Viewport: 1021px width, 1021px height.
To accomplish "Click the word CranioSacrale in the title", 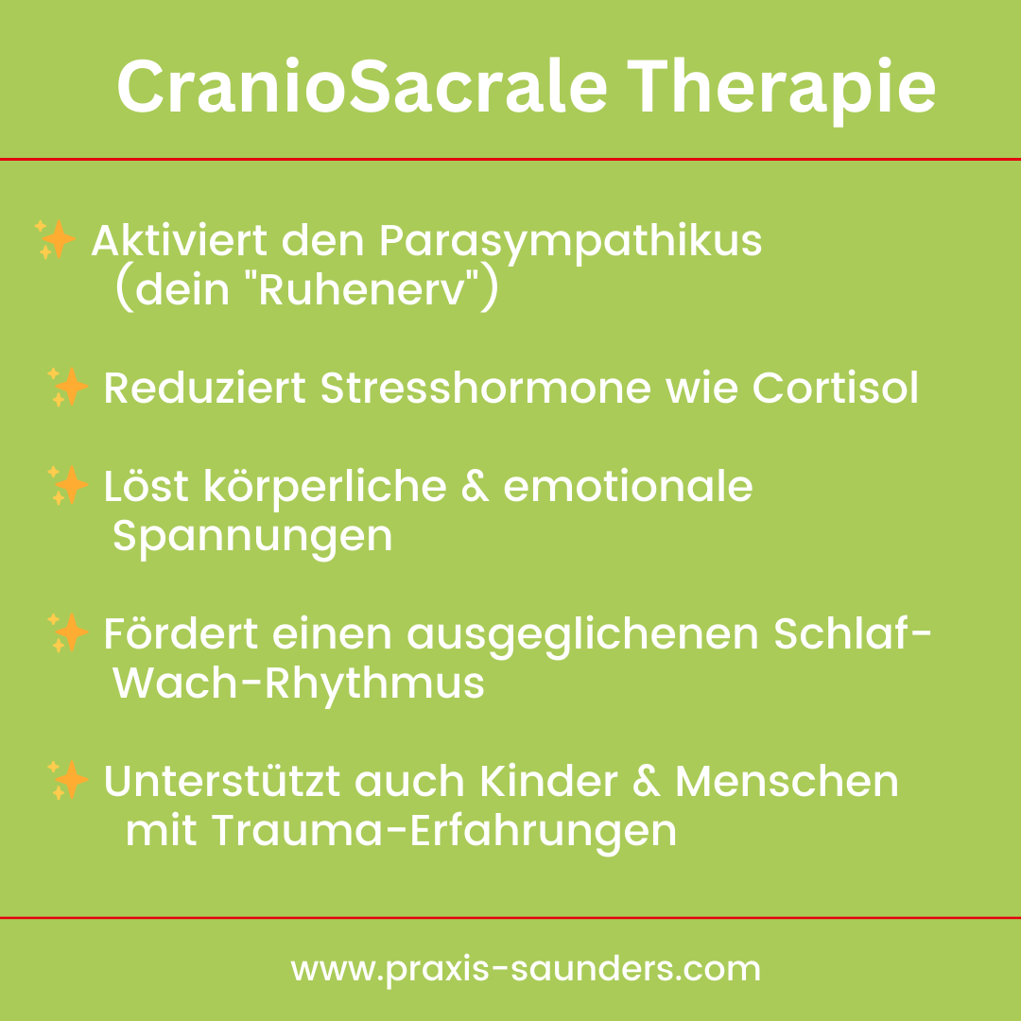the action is click(362, 87).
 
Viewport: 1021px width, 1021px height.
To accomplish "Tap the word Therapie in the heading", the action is click(782, 91).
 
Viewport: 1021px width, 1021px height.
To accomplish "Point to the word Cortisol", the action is click(836, 389).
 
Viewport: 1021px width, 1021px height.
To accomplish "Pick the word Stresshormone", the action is click(486, 389).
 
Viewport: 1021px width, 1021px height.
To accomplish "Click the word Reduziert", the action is click(204, 389).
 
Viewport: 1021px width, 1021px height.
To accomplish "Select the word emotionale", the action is click(628, 487).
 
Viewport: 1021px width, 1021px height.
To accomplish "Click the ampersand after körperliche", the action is click(475, 487).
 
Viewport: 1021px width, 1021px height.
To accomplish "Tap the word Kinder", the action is click(549, 781).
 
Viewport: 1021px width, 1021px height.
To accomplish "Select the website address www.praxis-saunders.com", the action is click(526, 970).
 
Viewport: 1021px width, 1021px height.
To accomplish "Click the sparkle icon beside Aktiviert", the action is click(56, 239).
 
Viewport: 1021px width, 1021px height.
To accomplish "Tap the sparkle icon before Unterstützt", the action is click(68, 779).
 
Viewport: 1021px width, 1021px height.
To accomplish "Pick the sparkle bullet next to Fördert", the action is click(68, 632).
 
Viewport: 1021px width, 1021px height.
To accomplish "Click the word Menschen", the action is click(787, 781).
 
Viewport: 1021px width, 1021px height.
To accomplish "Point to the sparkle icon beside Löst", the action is click(68, 484).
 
